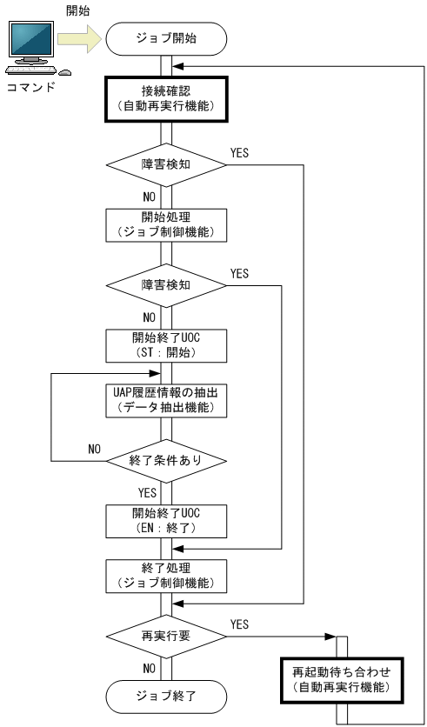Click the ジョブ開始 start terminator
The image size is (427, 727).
[x=166, y=39]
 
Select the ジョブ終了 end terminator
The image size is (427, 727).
[x=166, y=695]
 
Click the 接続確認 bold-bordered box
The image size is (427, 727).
[x=166, y=97]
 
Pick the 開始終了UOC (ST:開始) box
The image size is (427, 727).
[x=166, y=343]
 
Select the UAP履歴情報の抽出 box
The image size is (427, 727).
[x=166, y=398]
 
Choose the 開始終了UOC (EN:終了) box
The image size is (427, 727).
[x=166, y=519]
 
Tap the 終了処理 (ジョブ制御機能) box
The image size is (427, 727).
[x=166, y=577]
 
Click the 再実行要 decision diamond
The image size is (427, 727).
[x=166, y=636]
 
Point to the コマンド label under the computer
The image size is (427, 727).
[x=30, y=87]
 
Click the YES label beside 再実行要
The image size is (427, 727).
[x=239, y=624]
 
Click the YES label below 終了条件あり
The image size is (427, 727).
[x=147, y=491]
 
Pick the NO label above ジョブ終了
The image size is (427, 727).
[x=149, y=668]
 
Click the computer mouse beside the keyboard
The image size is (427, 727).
[x=64, y=72]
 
